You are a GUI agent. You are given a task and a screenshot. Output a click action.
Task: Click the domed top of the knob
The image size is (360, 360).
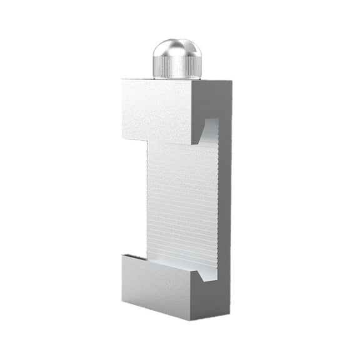176,47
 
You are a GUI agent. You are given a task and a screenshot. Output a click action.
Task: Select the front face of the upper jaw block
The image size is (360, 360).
159,110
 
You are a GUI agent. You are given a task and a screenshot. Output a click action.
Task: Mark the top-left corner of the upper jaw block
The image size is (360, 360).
124,80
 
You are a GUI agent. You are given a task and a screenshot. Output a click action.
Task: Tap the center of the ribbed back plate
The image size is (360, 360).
181,200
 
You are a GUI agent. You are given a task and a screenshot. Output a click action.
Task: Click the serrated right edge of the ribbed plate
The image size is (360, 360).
217,200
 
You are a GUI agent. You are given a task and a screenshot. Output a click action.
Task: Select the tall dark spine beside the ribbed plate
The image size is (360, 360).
224,200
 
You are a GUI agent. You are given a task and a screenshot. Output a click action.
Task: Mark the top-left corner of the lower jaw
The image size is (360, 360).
124,254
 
